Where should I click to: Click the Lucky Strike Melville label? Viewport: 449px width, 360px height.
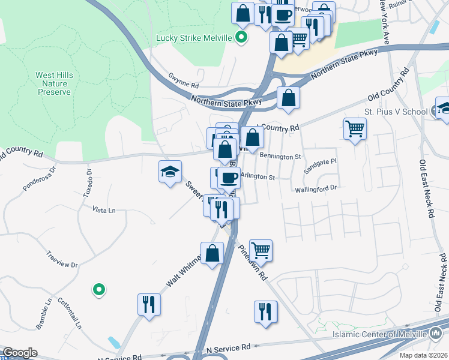[x=193, y=38]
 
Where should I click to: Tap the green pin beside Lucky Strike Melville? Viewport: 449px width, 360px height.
[x=241, y=38]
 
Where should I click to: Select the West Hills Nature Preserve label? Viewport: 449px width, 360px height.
[x=54, y=83]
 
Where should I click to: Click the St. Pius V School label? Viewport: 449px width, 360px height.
[x=396, y=112]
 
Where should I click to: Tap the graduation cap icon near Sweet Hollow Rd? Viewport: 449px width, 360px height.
[x=170, y=172]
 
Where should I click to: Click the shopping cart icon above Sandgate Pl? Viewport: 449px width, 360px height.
[x=355, y=128]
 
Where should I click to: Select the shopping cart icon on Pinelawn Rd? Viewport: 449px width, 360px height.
[x=261, y=250]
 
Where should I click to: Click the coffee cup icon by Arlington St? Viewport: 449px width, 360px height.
[x=228, y=178]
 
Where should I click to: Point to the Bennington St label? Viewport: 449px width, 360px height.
[x=280, y=157]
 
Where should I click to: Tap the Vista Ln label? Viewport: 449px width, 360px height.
[x=103, y=210]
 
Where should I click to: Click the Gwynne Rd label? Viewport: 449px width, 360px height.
[x=183, y=86]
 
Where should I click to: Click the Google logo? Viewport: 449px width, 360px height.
[x=20, y=353]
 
